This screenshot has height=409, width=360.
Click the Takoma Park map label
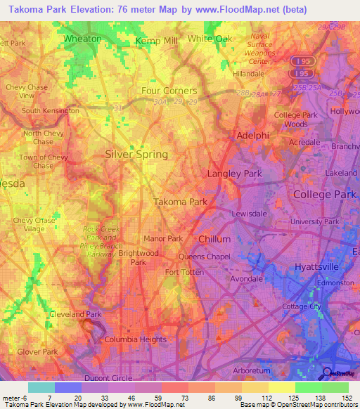(x=180, y=202)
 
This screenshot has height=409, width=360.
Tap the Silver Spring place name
(x=136, y=154)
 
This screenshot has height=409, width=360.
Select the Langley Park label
(x=235, y=173)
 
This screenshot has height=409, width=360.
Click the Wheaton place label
(x=83, y=39)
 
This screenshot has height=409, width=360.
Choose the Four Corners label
(x=169, y=91)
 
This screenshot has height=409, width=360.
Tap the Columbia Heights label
(x=136, y=339)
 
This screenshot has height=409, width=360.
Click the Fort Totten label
(x=184, y=272)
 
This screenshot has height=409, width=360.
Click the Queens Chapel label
(x=205, y=257)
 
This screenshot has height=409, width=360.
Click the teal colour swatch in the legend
(x=41, y=387)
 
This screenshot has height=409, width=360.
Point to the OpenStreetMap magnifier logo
(x=327, y=372)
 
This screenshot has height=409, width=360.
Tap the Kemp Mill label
(x=157, y=41)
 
